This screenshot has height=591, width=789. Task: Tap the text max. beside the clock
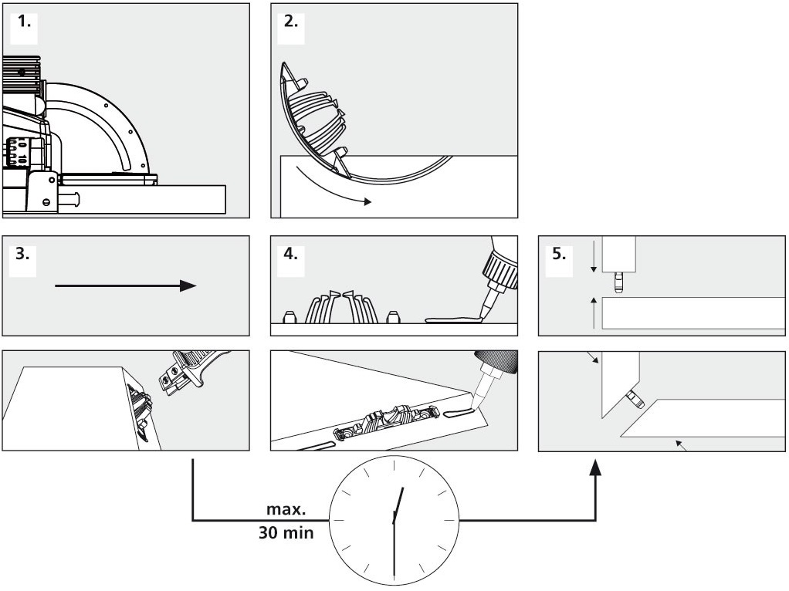point(286,511)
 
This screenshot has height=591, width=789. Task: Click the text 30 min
point(286,532)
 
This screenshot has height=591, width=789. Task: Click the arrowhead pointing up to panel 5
point(595,468)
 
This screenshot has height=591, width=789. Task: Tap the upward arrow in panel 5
point(593,309)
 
